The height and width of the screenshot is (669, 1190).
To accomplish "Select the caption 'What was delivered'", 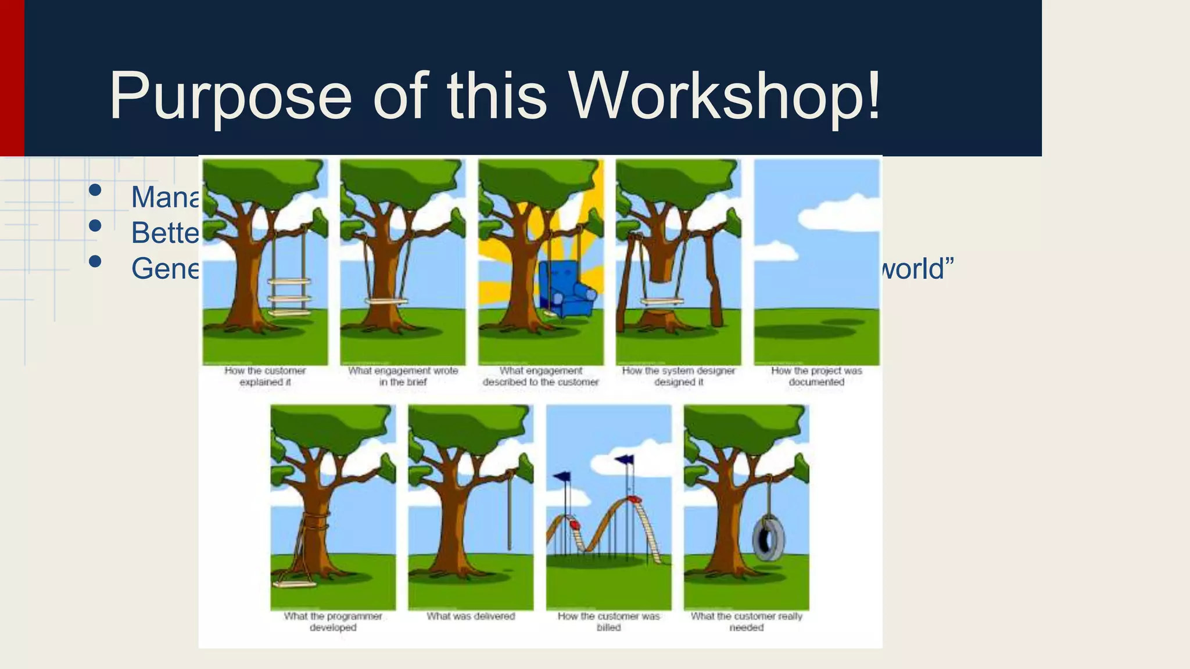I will (x=471, y=616).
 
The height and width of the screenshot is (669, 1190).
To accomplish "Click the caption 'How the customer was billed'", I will (x=608, y=621).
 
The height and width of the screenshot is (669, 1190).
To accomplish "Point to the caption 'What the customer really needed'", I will (x=746, y=621).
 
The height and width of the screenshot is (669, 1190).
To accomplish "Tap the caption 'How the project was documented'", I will (x=816, y=376).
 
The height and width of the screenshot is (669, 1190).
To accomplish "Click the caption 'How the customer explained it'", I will (x=265, y=376).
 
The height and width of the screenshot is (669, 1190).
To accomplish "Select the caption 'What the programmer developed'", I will (x=333, y=621).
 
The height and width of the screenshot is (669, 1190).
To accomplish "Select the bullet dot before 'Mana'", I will (x=95, y=190).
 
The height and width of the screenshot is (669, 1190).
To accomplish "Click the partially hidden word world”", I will (x=918, y=269).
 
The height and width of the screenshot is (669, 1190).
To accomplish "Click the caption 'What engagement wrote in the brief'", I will (x=403, y=376).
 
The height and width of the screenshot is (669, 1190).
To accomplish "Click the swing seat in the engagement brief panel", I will (x=386, y=301).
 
